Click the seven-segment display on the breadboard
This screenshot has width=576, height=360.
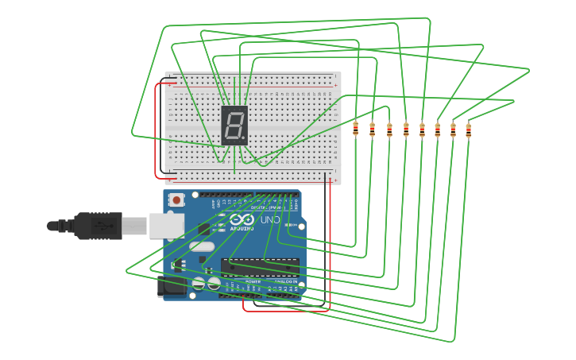point(234,125)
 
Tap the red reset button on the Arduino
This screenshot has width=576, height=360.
point(176,200)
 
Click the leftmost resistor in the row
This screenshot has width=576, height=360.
point(355,129)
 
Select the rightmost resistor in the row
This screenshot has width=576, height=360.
point(468,130)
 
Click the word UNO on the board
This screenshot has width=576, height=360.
point(270,219)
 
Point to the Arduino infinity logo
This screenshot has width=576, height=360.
point(242,219)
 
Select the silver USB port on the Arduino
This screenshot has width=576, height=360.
point(166,226)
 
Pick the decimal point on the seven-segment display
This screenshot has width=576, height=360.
point(243,138)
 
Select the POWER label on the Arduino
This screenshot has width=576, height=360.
point(253,281)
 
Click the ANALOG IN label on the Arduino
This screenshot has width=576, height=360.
point(285,281)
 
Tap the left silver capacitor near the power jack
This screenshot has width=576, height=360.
point(199,283)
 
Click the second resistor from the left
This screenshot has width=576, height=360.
point(372,130)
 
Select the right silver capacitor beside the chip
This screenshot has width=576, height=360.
point(213,283)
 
